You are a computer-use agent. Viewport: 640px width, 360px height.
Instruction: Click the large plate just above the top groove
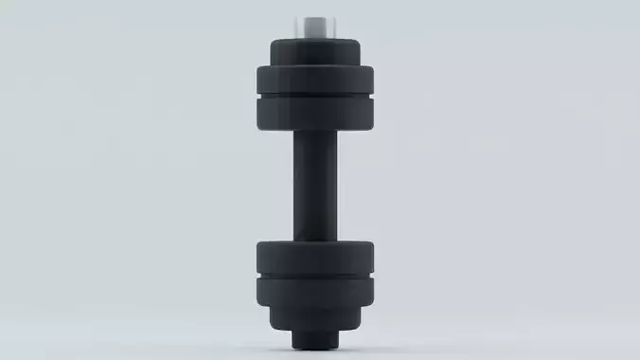click(x=316, y=78)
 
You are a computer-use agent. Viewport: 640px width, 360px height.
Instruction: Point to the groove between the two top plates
click(x=316, y=95)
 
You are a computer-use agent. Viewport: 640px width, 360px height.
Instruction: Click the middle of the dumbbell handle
click(x=316, y=185)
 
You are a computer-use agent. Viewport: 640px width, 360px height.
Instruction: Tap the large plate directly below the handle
click(x=316, y=256)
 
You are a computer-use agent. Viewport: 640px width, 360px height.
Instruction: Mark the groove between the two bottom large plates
click(x=316, y=276)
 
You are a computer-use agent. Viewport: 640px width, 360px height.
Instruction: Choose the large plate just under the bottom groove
click(x=316, y=292)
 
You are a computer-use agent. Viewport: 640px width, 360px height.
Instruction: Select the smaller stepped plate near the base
click(x=316, y=319)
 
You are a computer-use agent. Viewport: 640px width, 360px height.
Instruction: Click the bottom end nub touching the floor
click(x=316, y=338)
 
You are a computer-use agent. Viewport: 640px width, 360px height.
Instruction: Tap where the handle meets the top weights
click(x=316, y=133)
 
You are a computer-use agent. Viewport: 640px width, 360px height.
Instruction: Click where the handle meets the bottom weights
click(x=316, y=239)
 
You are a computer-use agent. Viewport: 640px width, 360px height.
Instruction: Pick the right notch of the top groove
click(x=377, y=95)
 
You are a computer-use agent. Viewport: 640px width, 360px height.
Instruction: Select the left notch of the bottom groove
click(x=257, y=276)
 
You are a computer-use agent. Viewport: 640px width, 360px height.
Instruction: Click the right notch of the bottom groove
click(x=376, y=276)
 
